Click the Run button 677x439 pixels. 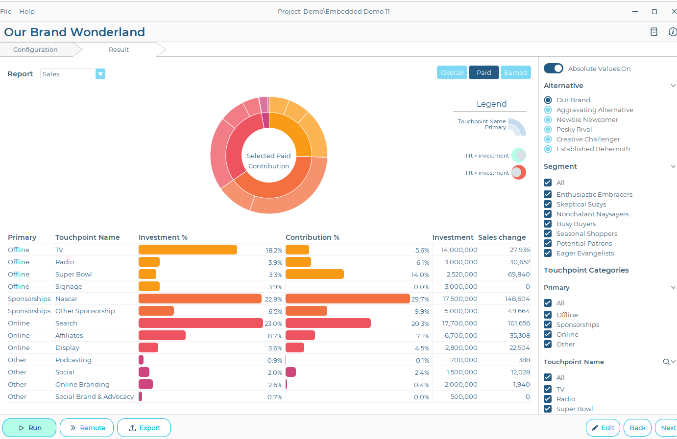[29, 428]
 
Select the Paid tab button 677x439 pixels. [484, 72]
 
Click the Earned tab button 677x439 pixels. [515, 72]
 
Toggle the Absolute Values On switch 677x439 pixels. [554, 69]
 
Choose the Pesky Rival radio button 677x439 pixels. [548, 129]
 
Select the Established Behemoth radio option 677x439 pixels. [548, 149]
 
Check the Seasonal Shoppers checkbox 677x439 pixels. [548, 233]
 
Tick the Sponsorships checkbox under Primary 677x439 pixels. [548, 324]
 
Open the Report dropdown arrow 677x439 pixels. [100, 74]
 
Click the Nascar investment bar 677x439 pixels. [200, 299]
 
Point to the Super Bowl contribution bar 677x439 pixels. [314, 274]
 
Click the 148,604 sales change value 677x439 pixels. [517, 299]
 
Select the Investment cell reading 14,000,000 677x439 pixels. [459, 250]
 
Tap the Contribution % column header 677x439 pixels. [313, 237]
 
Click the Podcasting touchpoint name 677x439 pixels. [73, 360]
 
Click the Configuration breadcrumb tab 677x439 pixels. [35, 49]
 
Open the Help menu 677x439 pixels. [27, 11]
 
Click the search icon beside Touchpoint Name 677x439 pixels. [666, 362]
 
